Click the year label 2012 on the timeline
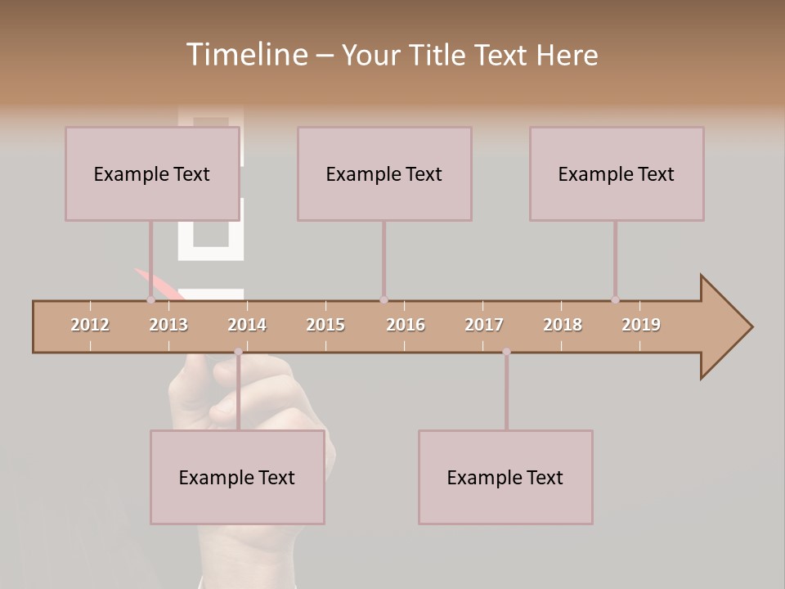[90, 325]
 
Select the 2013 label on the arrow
[168, 325]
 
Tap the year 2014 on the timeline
[247, 325]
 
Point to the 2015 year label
[325, 325]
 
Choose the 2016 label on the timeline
[406, 325]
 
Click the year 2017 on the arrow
[484, 325]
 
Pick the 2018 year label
[563, 325]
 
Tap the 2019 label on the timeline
[641, 325]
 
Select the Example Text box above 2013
[152, 173]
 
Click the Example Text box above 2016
[384, 173]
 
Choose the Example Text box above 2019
[617, 173]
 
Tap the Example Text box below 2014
[237, 477]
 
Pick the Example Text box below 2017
[505, 477]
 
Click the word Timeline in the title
[245, 55]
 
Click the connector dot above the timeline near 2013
[150, 300]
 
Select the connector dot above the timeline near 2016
[384, 300]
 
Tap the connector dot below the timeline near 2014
[238, 352]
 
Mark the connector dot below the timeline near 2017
[506, 352]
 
